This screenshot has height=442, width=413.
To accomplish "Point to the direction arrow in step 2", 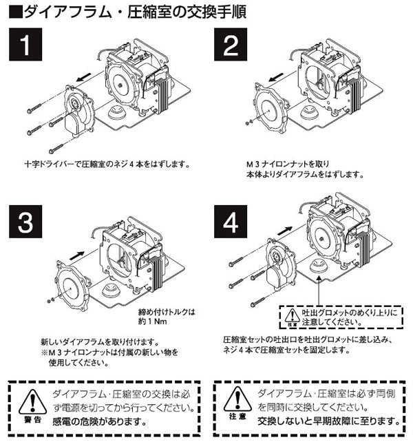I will [279, 76].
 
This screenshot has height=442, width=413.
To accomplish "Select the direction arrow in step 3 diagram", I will [80, 253].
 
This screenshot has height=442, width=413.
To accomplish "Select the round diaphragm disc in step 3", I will [69, 283].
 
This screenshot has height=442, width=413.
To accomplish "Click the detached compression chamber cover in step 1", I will [76, 114].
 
